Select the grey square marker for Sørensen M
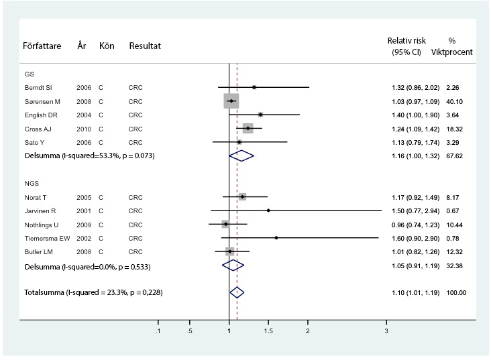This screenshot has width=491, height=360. pos(231,101)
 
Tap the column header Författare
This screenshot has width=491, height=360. pos(42,46)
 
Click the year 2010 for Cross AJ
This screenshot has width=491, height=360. pos(84,128)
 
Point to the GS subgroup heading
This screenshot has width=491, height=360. pos(29,74)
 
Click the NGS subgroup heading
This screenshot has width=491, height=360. pos(31,183)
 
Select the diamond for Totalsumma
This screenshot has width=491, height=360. pos(237,292)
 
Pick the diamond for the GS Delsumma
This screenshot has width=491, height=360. pos(241,156)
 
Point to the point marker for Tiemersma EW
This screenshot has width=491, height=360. pos(276,237)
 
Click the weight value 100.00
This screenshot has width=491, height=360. pos(456,292)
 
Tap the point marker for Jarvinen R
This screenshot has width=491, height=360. pos(268,211)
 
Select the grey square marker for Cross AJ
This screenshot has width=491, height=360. pos(248,128)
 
